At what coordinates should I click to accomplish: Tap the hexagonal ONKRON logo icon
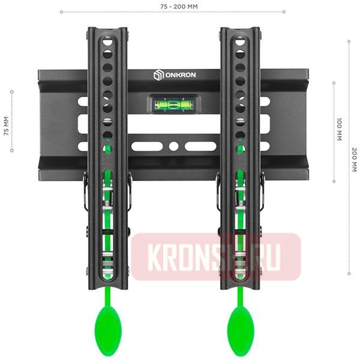158,75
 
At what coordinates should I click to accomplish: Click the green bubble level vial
173,104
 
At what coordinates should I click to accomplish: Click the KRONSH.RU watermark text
216,257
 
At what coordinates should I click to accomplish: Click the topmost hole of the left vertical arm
108,41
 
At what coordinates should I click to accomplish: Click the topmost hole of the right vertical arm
241,41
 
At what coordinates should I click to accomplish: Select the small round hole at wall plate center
173,146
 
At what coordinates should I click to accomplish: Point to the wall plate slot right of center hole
200,146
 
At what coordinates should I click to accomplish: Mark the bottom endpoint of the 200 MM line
349,274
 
